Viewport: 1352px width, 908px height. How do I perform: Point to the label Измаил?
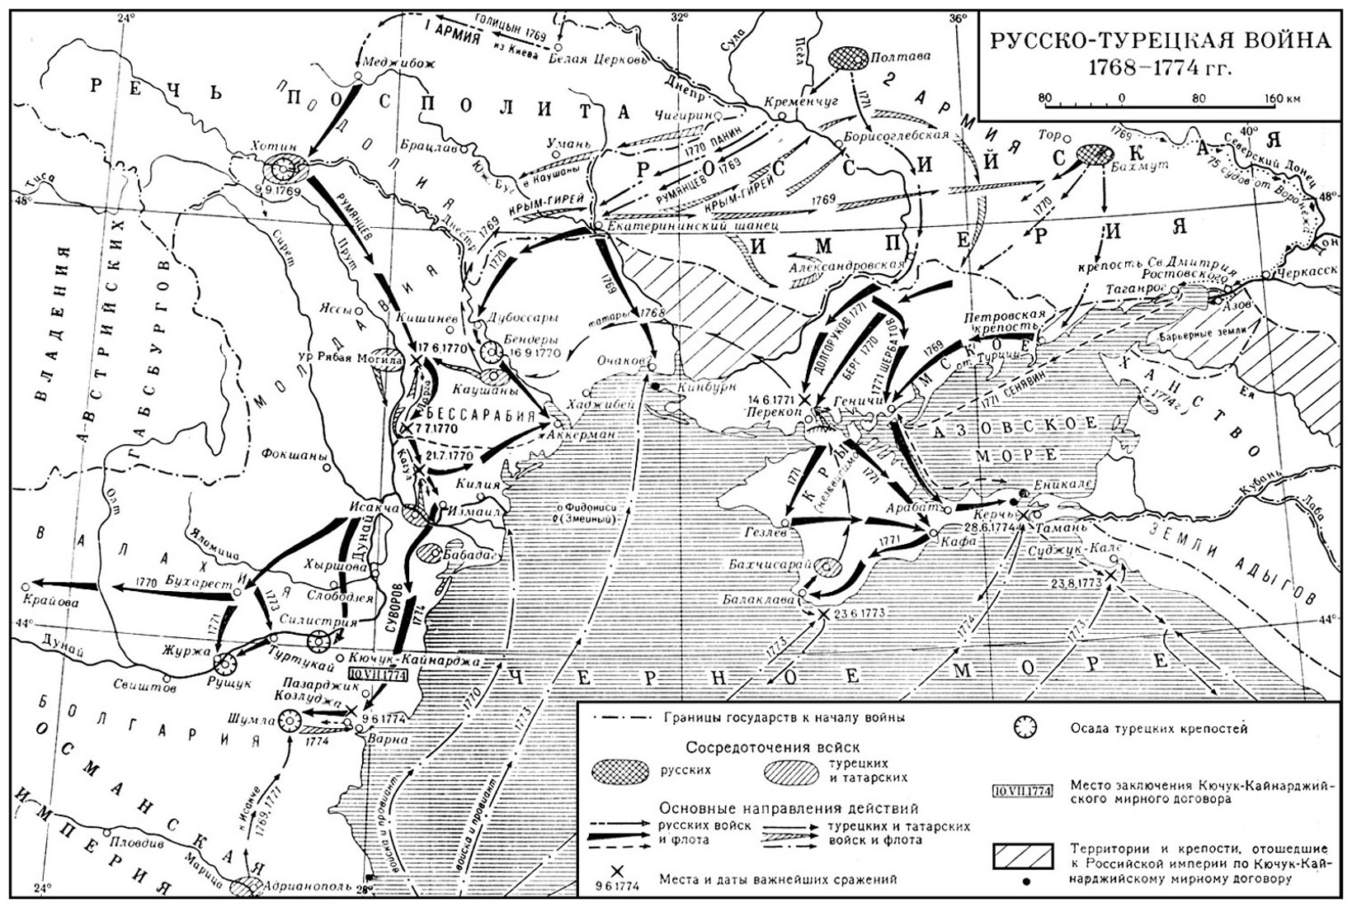pyautogui.click(x=475, y=511)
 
